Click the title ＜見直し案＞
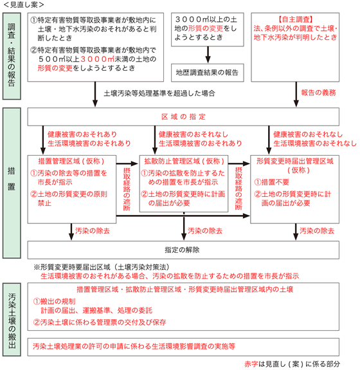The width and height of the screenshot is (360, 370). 24,5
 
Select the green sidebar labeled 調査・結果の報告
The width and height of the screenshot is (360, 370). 12,56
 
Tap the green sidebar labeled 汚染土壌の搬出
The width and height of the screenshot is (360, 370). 12,320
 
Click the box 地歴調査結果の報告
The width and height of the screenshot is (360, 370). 207,73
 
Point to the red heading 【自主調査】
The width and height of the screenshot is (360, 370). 295,19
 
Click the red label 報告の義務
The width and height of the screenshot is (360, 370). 318,93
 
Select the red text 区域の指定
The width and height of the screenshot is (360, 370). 183,117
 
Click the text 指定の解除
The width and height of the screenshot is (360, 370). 182,250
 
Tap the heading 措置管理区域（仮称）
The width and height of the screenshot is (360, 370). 71,161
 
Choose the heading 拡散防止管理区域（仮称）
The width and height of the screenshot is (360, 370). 184,161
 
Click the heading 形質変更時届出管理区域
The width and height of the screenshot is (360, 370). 295,161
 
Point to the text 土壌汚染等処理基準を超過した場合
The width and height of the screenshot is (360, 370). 159,93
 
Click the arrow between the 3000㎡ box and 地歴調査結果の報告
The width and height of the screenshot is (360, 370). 208,55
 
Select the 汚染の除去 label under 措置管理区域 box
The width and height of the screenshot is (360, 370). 93,231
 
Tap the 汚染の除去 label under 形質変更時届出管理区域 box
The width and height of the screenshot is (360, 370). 317,231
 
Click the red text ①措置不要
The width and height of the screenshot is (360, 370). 271,182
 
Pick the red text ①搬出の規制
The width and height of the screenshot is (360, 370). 54,301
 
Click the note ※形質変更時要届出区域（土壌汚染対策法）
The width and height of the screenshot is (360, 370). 102,267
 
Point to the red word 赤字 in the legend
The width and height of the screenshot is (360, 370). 251,364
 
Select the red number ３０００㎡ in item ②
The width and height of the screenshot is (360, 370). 97,59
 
